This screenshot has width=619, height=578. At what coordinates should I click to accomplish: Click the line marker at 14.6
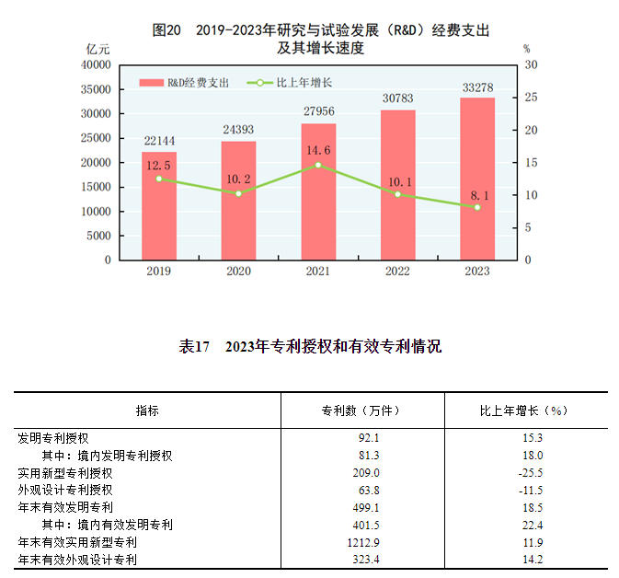318,165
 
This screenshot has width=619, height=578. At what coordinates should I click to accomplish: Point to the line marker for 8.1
477,207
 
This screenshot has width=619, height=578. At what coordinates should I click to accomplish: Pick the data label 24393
239,130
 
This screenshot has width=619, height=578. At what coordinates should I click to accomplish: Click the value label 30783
398,98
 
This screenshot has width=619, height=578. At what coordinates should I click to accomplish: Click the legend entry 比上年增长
290,83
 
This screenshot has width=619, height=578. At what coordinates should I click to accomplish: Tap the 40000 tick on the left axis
96,65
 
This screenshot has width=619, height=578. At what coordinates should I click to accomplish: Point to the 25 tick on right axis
530,98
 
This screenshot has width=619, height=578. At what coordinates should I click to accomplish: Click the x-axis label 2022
398,272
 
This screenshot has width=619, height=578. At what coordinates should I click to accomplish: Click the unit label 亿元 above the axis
98,48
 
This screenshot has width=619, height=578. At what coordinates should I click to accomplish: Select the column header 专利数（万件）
361,410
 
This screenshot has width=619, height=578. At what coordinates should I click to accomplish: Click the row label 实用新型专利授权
65,472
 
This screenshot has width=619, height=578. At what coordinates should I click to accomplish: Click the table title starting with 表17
310,347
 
